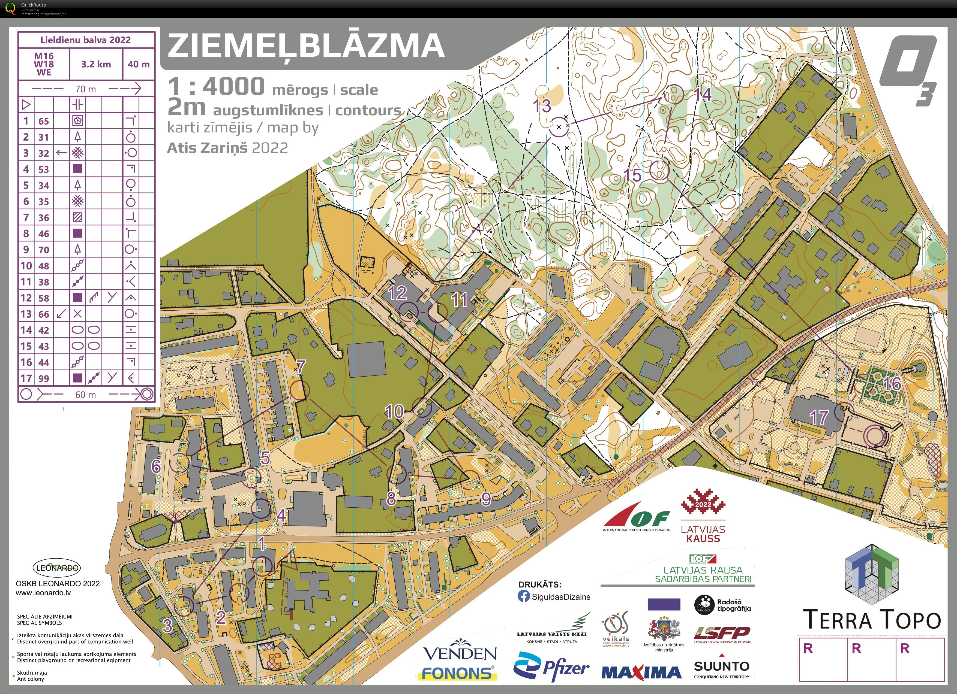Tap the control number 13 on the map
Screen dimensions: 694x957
[542, 106]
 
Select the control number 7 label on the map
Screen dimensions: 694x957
[301, 367]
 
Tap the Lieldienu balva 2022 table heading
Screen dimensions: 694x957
[86, 40]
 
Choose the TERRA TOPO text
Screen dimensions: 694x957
[872, 620]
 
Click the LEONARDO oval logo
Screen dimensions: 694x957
[57, 568]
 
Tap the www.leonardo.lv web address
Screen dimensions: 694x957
[43, 593]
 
